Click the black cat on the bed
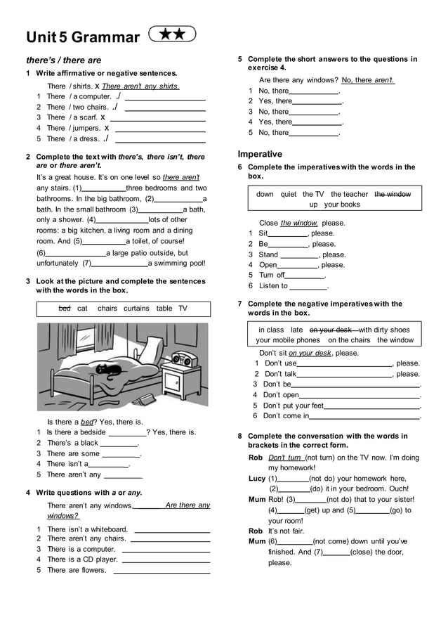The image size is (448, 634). (x=109, y=367)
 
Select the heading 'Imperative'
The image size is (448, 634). (x=260, y=154)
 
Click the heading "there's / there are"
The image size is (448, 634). (x=64, y=60)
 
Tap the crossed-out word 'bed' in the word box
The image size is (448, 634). (x=65, y=309)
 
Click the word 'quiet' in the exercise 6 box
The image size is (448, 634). (x=288, y=194)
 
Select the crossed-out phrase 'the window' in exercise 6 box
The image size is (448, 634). (x=393, y=194)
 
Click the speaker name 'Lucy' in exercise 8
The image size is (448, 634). (x=257, y=479)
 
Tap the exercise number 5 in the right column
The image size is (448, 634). (x=240, y=60)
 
